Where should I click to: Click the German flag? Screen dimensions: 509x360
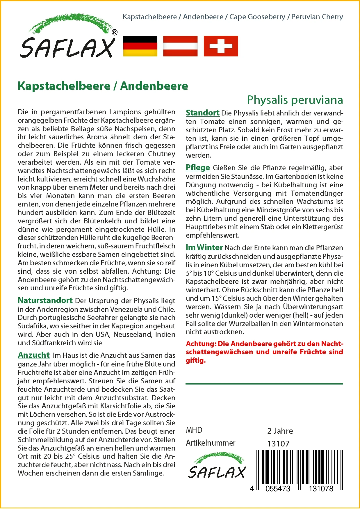[x=140, y=46]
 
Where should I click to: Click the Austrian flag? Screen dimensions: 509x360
[x=180, y=46]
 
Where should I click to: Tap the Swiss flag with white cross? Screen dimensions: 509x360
[x=221, y=46]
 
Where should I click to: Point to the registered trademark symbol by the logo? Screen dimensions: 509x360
[x=115, y=33]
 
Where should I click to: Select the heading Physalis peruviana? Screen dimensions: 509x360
[x=295, y=100]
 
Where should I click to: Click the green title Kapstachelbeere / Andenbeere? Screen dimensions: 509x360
[x=103, y=86]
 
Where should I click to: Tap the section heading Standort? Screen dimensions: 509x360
[x=202, y=113]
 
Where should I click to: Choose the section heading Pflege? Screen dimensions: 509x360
[x=198, y=168]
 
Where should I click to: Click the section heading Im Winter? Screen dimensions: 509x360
[x=204, y=248]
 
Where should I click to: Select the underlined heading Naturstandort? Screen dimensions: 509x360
[x=45, y=300]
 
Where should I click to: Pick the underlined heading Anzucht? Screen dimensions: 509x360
[x=34, y=355]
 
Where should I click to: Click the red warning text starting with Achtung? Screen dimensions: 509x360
[x=264, y=352]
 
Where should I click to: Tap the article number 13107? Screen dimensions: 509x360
[x=278, y=444]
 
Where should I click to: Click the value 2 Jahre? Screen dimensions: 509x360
[x=280, y=431]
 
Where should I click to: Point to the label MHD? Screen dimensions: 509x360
[x=194, y=430]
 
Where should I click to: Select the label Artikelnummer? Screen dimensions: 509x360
[x=211, y=443]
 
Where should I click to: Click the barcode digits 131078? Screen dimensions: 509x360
[x=321, y=489]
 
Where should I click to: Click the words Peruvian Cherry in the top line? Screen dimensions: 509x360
[x=317, y=17]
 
